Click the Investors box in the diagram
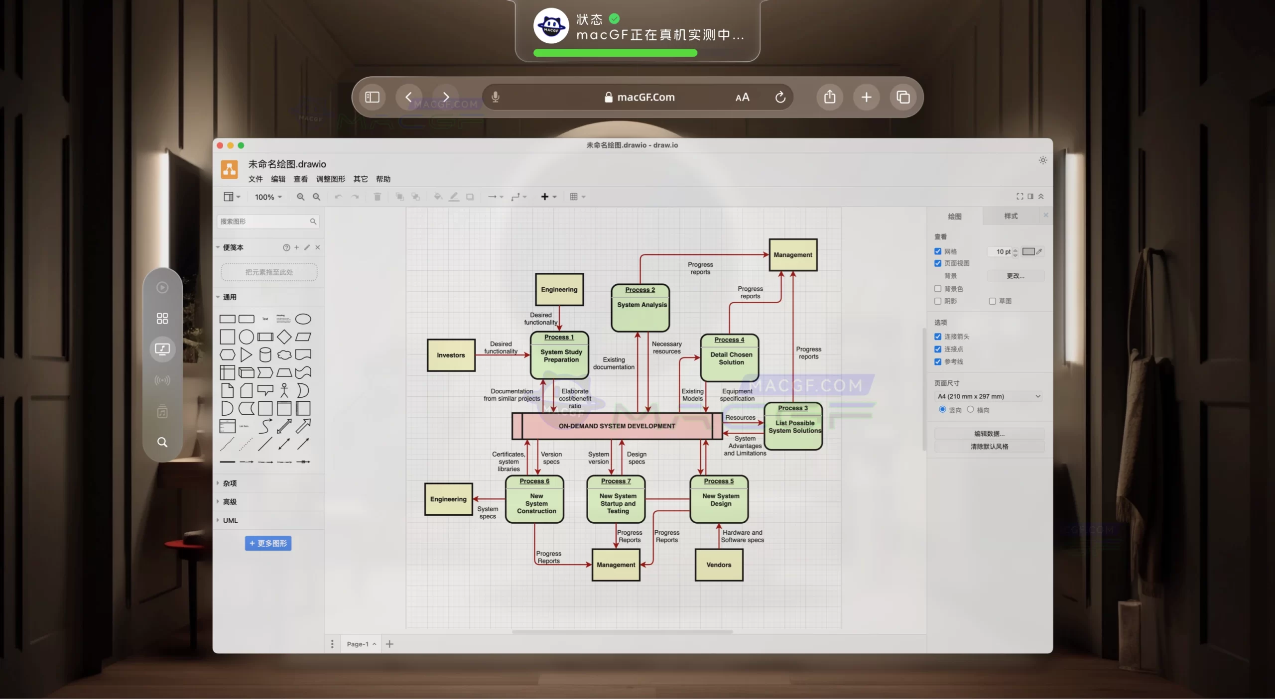click(x=451, y=355)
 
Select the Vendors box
click(x=719, y=565)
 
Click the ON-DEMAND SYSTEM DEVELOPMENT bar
click(x=617, y=426)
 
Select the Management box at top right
click(x=792, y=255)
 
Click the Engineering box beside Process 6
click(x=448, y=499)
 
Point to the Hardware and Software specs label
click(x=742, y=536)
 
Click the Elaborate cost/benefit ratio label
click(x=575, y=398)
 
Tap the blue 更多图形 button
click(x=268, y=543)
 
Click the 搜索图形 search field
click(x=264, y=222)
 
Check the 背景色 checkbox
click(x=938, y=289)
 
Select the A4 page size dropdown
click(x=989, y=396)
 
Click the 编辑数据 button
click(x=989, y=434)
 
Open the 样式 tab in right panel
click(x=1011, y=216)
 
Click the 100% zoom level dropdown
click(x=268, y=197)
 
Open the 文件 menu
click(x=255, y=179)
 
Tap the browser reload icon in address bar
click(x=780, y=97)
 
